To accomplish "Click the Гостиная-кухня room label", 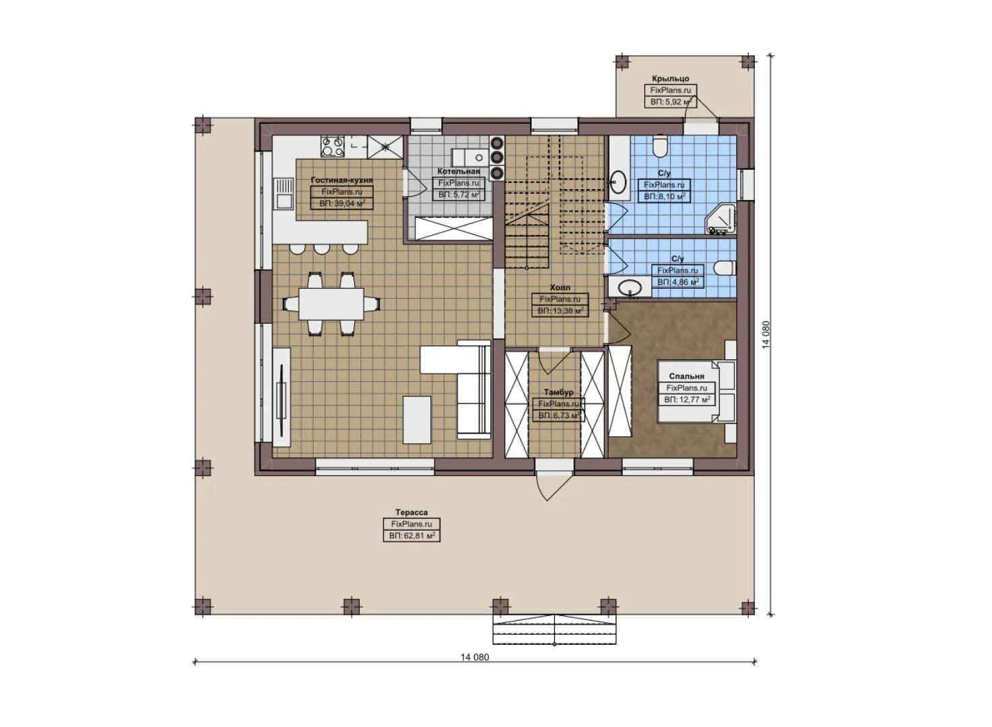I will point(341,180).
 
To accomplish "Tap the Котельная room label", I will point(459,172).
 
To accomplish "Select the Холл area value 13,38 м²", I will point(560,311).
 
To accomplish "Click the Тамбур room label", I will point(559,392).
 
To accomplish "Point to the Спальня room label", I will point(686,376).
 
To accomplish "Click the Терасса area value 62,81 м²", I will point(411,536).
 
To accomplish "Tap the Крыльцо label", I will point(670,79).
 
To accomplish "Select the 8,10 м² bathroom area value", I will point(664,197).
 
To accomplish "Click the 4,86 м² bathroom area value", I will point(677,282).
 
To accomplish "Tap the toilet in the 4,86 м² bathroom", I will point(723,268).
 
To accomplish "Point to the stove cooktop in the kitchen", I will point(332,147).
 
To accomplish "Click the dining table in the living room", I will point(331,304).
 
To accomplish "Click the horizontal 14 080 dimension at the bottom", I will point(475,657).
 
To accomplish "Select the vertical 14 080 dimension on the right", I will point(766,335).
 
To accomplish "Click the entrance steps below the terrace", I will point(554,629).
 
